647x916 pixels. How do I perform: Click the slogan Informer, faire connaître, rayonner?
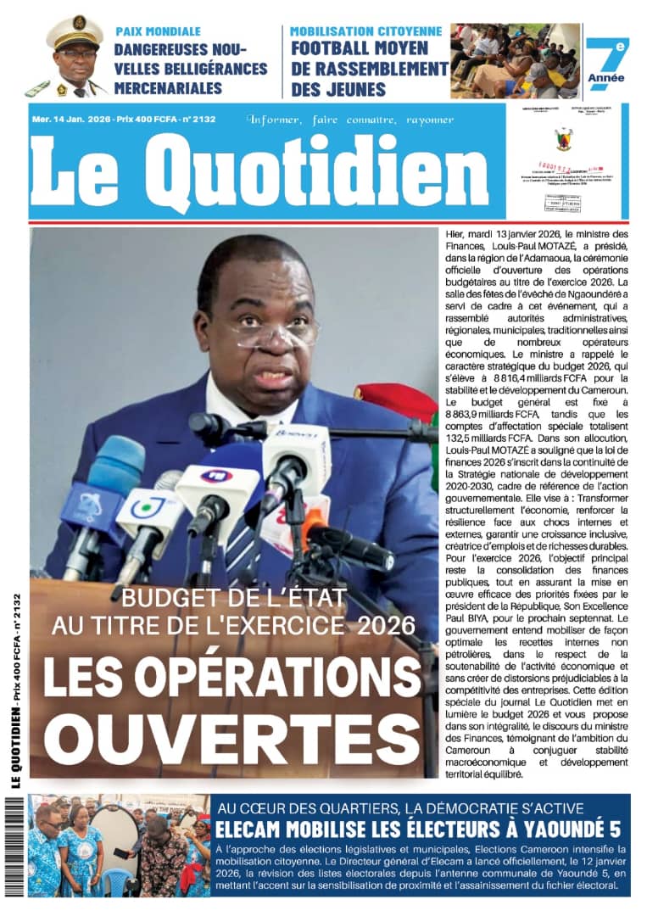pos(350,120)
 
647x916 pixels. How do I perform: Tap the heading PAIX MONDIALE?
pos(158,31)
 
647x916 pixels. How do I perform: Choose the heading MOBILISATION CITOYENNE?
pos(365,31)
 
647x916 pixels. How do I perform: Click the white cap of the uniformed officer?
pos(74,32)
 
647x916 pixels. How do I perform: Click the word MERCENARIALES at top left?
pos(169,87)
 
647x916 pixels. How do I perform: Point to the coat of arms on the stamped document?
pos(563,137)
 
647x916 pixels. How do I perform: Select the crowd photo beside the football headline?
pos(516,60)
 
